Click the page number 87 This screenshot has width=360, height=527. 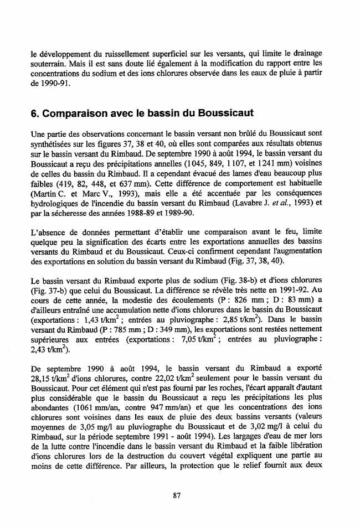(x=177, y=495)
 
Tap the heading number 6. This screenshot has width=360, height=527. (x=35, y=113)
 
